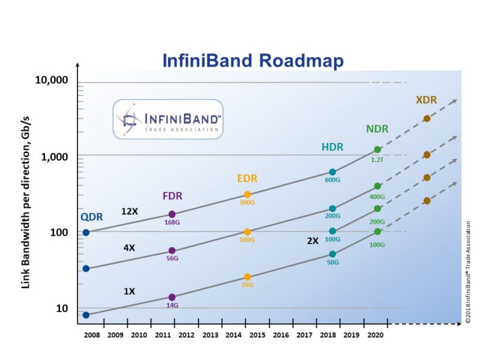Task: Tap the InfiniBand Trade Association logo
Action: coord(167,119)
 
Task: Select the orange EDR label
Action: coord(248,179)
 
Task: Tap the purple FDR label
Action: coord(172,196)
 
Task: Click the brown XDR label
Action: coord(426,100)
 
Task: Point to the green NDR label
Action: coord(377,129)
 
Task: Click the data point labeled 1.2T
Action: coord(377,149)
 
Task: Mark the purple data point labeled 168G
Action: coord(172,214)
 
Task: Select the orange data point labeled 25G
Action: coord(247,277)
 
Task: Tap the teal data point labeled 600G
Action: coord(332,172)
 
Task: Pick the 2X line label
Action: coord(312,240)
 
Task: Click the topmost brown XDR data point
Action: coord(427,118)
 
